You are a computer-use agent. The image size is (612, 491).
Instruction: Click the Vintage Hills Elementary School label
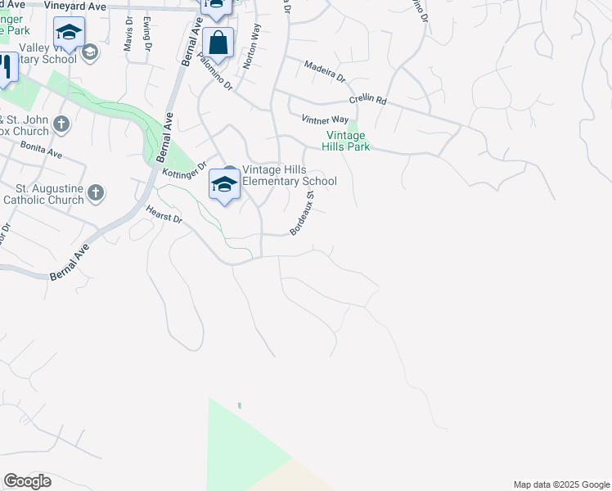click(x=289, y=175)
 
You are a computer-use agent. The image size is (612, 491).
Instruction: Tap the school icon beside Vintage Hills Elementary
click(x=224, y=184)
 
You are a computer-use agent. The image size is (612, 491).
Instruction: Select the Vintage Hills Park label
click(x=349, y=141)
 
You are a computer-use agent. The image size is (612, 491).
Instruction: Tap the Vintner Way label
click(x=325, y=119)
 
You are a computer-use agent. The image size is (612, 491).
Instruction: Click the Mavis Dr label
click(x=128, y=38)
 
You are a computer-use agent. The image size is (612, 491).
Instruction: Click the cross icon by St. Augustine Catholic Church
click(x=97, y=193)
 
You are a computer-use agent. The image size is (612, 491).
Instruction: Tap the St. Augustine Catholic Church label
click(x=43, y=194)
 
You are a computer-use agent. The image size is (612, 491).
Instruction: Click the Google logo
click(x=27, y=481)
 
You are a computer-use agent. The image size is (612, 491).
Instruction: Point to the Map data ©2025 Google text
click(x=560, y=484)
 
